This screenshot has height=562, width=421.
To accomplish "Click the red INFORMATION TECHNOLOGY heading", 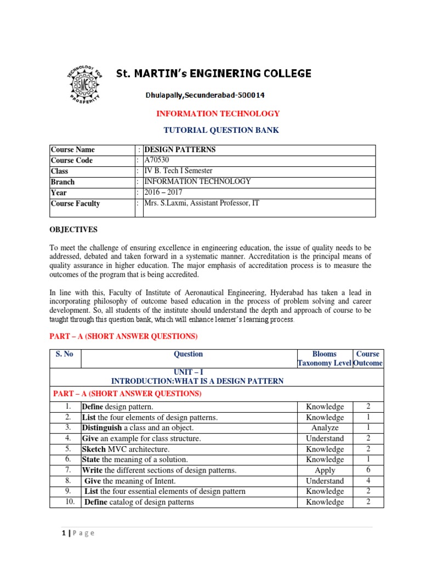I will pos(218,114).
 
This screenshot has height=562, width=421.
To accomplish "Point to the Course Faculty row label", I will pos(75,204).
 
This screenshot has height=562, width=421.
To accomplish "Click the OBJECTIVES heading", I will pos(73,229).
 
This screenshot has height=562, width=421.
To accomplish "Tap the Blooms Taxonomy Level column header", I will pos(324,358).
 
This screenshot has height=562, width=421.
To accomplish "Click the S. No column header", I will pos(65,354).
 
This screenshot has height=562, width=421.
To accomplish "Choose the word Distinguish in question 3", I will pos(103,428).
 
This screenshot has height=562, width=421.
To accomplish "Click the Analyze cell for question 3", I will pos(325,428).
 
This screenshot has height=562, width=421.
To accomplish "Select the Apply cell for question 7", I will pos(325,470).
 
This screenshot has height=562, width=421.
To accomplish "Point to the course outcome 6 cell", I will pos(368,470).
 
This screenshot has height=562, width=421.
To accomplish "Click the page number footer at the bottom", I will pos(76,533).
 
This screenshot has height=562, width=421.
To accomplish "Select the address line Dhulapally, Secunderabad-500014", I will pos(205,95).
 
